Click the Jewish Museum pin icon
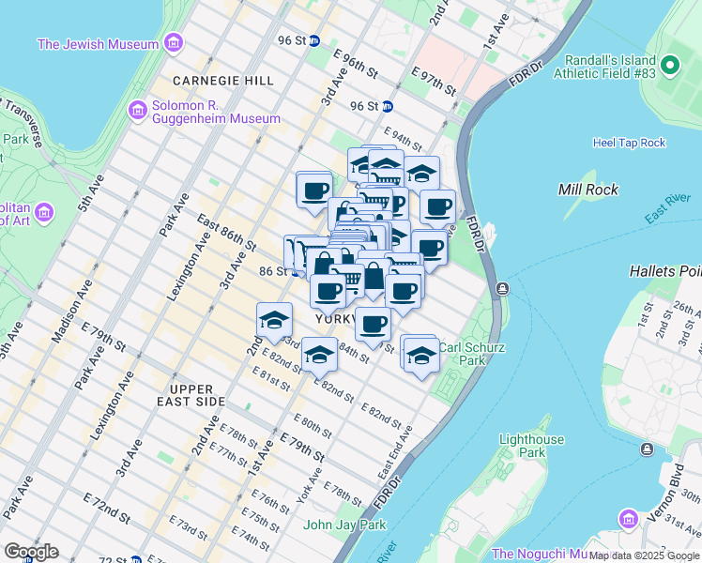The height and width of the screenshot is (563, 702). [x=172, y=43]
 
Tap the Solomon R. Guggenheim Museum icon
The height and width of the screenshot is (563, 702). [x=137, y=112]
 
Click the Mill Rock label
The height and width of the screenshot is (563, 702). [x=588, y=190]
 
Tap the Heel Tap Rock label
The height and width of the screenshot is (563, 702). [x=629, y=143]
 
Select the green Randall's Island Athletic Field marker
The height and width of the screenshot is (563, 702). [x=669, y=66]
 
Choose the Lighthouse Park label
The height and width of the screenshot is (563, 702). [x=531, y=446]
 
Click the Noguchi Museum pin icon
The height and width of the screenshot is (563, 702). [x=627, y=519]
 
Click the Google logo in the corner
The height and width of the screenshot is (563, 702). [x=31, y=552]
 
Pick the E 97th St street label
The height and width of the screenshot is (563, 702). [x=434, y=82]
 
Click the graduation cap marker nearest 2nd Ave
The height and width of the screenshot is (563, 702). [x=273, y=321]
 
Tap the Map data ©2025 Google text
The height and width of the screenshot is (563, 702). [x=644, y=555]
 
